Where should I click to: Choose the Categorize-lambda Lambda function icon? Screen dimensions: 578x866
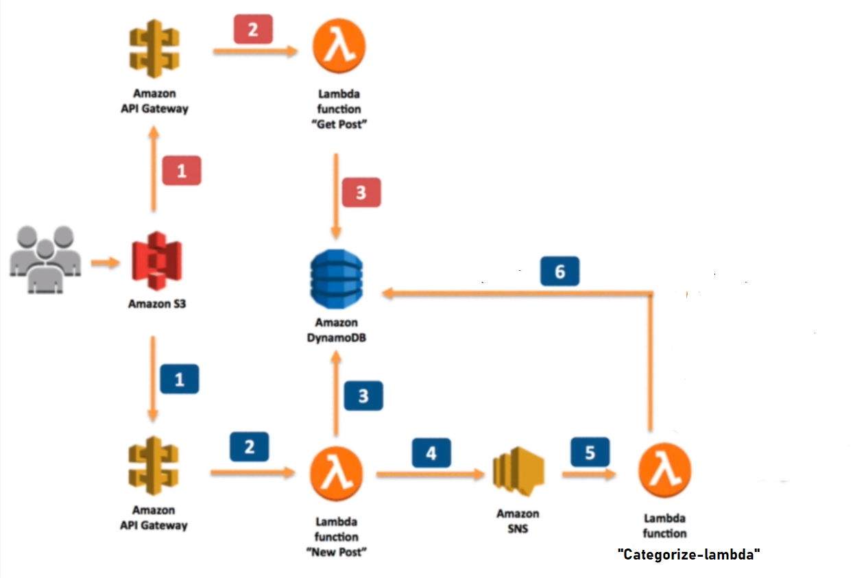click(664, 472)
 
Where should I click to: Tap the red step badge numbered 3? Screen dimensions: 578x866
click(361, 193)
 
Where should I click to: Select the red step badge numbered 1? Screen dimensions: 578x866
click(182, 171)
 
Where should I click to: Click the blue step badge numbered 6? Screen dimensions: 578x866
click(560, 272)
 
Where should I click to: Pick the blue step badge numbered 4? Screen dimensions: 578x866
click(431, 453)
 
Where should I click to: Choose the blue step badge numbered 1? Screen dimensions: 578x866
click(180, 379)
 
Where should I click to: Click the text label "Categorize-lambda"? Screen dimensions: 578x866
click(689, 555)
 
